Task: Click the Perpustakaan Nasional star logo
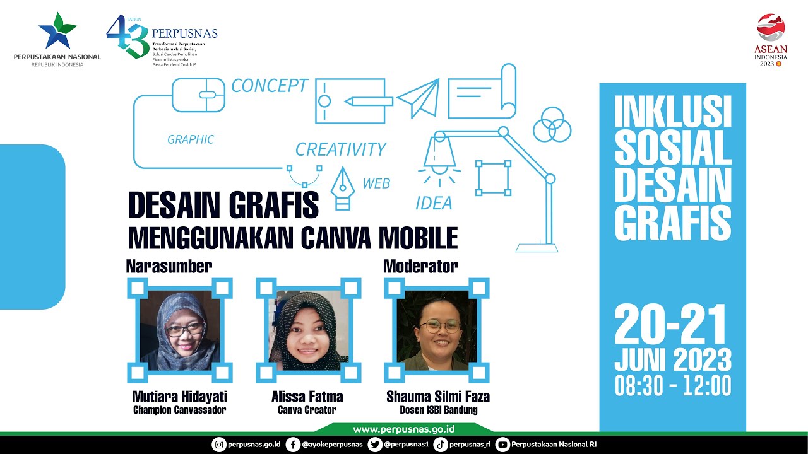coord(57,31)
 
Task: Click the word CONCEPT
coord(270,86)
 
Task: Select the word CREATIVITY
coord(340,149)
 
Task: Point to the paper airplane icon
coord(419,98)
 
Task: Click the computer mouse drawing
coord(198,95)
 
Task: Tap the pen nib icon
coord(343,189)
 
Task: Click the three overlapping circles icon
coord(552,124)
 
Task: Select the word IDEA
coord(434,203)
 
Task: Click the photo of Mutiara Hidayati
coord(181,330)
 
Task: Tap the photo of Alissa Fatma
coord(309,330)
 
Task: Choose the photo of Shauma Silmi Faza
coord(437,330)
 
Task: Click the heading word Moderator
coord(420,266)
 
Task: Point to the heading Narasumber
coord(169,266)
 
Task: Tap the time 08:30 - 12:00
coord(673,385)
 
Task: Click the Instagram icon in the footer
coord(219,445)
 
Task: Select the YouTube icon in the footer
coord(502,445)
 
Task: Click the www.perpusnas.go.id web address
coord(404,429)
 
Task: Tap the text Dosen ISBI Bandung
coord(439,410)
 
